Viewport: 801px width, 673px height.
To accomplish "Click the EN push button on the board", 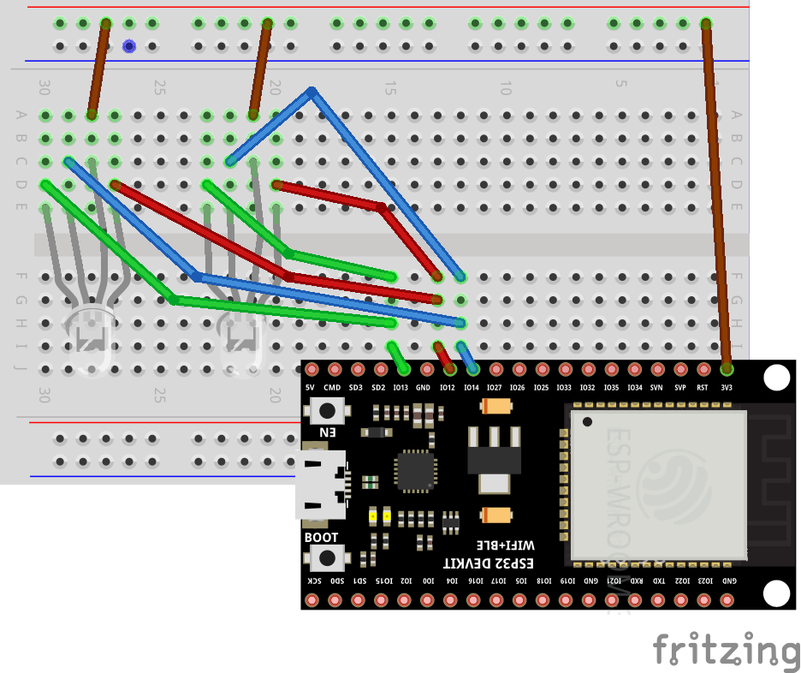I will click(x=326, y=410).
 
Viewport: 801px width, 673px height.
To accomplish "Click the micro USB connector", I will click(x=320, y=485).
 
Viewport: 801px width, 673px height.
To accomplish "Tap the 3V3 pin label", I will click(x=726, y=388).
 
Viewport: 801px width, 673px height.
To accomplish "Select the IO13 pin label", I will click(x=400, y=388).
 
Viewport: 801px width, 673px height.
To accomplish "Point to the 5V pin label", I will click(x=311, y=388).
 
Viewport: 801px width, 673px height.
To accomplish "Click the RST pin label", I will click(x=703, y=388).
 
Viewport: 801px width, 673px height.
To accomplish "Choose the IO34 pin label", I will click(x=634, y=388).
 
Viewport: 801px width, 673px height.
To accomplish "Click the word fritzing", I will click(x=727, y=649).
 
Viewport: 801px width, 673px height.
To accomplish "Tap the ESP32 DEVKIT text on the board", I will click(x=488, y=563).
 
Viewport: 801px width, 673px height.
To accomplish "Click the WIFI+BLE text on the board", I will click(x=505, y=545).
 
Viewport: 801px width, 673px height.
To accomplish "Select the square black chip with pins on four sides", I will click(x=415, y=471).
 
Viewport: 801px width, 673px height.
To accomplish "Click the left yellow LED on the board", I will click(x=373, y=516).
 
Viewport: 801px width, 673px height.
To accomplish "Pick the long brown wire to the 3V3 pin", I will click(x=717, y=197).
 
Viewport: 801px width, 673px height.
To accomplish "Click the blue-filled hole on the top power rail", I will click(x=129, y=46).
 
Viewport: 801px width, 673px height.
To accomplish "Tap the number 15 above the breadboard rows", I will click(x=389, y=88).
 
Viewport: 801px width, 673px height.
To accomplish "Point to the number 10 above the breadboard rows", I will click(x=505, y=88).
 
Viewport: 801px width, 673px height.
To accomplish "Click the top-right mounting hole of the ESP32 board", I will click(x=776, y=378).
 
